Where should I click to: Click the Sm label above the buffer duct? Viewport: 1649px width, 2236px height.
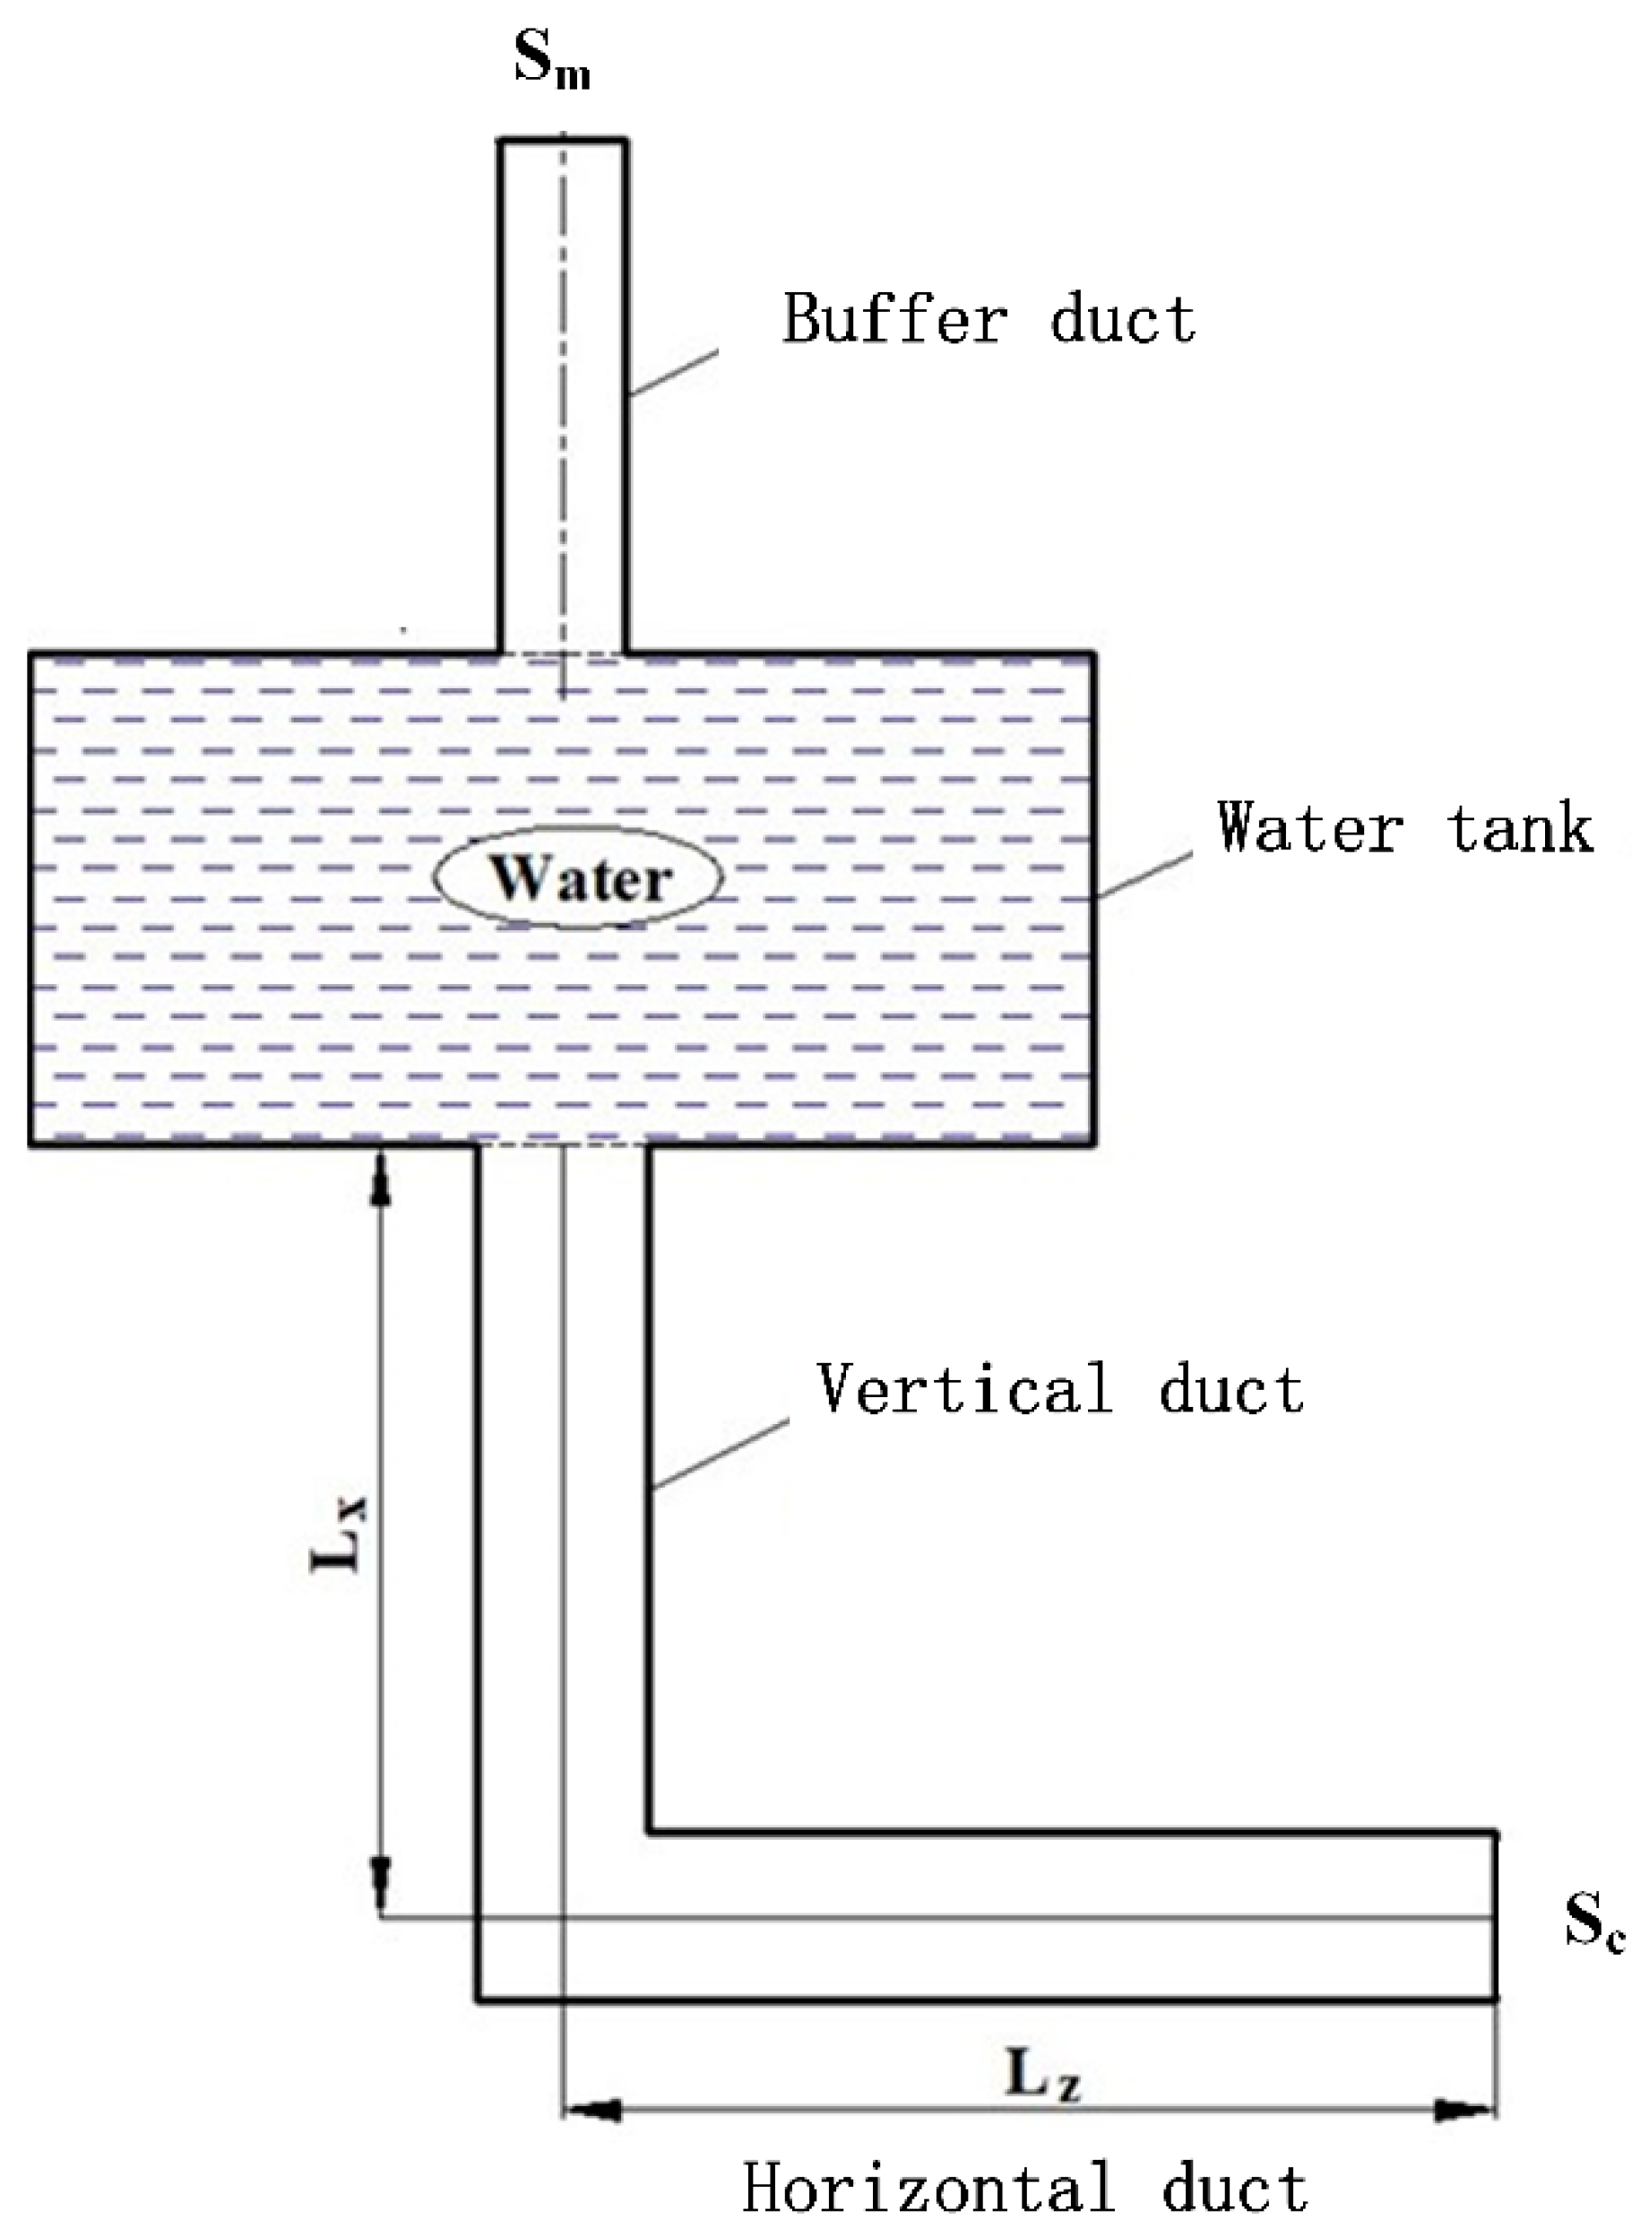[x=551, y=62]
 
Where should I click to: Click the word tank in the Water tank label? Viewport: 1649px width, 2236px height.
[x=1520, y=827]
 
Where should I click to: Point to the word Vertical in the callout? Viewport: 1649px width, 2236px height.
[x=964, y=1388]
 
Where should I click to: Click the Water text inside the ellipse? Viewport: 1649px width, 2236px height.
[x=580, y=879]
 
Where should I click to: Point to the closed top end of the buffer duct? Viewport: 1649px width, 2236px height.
[x=563, y=142]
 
